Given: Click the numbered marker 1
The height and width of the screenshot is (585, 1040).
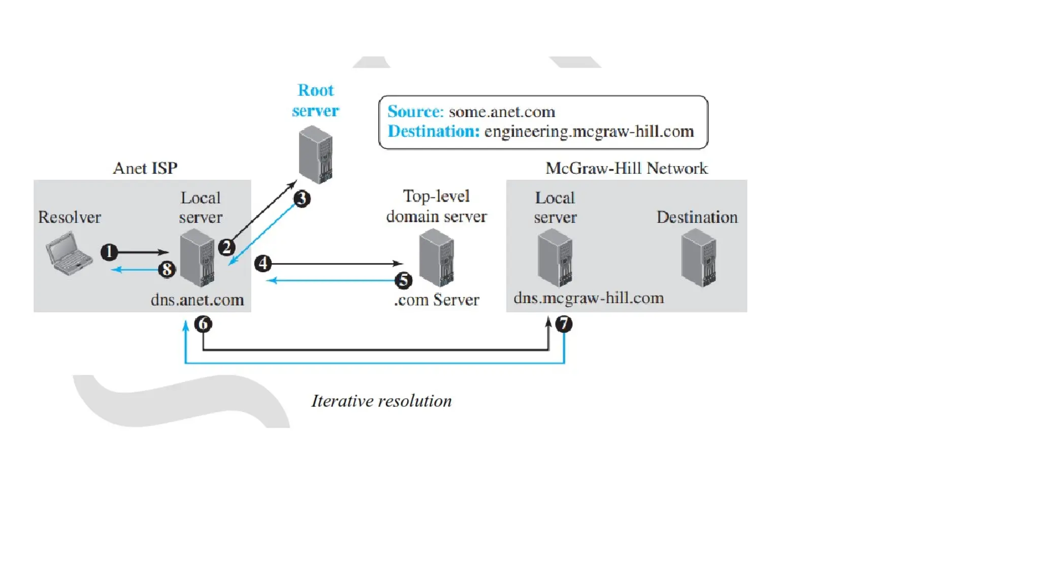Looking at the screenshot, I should [x=109, y=252].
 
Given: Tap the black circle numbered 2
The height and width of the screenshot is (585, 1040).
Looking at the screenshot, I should [x=226, y=247].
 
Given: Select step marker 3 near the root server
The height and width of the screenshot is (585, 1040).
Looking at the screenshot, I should [x=302, y=199].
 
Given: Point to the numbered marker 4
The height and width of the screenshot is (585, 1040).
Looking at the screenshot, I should [x=263, y=264].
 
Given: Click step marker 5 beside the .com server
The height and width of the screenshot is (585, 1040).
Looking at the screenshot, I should [x=403, y=280].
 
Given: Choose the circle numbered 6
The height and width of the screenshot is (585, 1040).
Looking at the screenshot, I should [x=203, y=324].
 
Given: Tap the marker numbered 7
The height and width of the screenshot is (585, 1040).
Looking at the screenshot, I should [x=564, y=324].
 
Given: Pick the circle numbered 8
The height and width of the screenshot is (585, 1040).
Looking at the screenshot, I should [x=167, y=269].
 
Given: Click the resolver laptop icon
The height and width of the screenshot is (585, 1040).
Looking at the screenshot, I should [x=69, y=254].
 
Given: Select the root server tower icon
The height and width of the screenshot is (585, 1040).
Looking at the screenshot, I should [x=316, y=155].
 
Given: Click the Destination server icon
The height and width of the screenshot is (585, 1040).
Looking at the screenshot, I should [x=699, y=257].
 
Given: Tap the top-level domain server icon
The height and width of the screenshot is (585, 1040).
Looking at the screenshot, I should [x=437, y=257].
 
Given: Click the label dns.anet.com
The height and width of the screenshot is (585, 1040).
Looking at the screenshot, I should [x=197, y=300].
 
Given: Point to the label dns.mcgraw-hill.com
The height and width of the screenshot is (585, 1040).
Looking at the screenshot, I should [x=589, y=298].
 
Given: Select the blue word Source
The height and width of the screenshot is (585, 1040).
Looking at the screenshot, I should [x=415, y=112].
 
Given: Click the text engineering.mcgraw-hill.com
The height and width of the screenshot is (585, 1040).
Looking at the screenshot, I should [x=589, y=132].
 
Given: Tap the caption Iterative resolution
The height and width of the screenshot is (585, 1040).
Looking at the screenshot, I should [x=381, y=401].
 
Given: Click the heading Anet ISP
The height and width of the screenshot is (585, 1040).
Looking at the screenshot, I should [x=145, y=168].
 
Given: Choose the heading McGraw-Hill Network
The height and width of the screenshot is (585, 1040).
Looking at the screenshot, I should [x=626, y=168].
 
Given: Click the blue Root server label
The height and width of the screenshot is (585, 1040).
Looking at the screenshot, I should [x=315, y=101].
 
